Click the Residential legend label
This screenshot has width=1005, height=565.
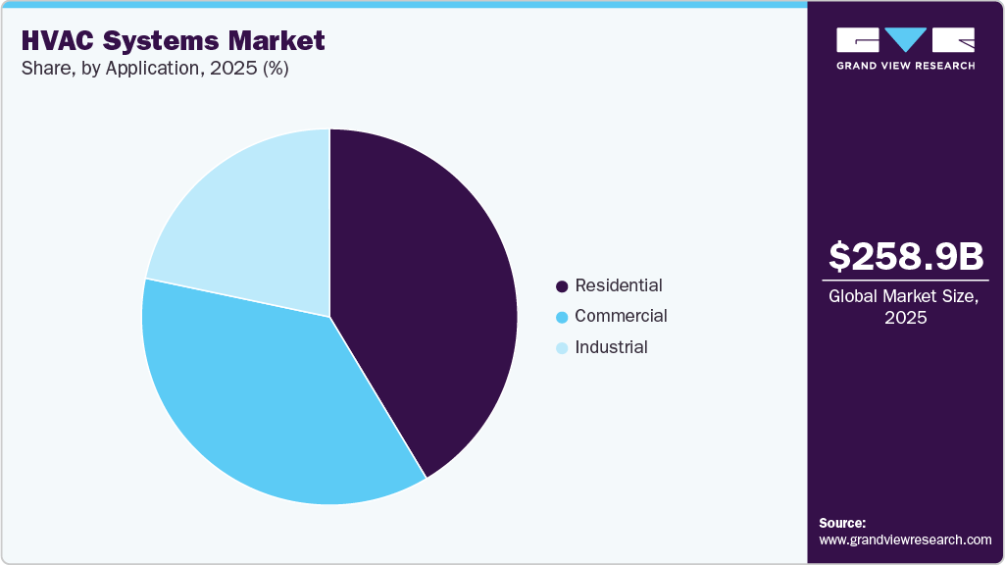click(x=619, y=285)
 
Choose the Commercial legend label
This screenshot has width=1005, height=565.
click(x=621, y=316)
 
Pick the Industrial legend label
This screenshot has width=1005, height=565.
click(x=611, y=347)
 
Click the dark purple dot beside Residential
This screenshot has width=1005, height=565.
click(x=562, y=286)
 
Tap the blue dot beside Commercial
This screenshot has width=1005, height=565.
click(x=562, y=317)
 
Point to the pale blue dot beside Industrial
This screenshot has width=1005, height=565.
click(x=562, y=348)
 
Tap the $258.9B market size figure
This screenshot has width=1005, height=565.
click(x=906, y=256)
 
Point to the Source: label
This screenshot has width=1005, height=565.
click(x=842, y=523)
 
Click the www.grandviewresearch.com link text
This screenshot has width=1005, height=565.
click(x=905, y=539)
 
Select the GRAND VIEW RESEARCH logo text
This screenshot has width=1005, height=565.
click(x=905, y=66)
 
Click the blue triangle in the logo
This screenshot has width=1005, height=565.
click(x=905, y=39)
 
